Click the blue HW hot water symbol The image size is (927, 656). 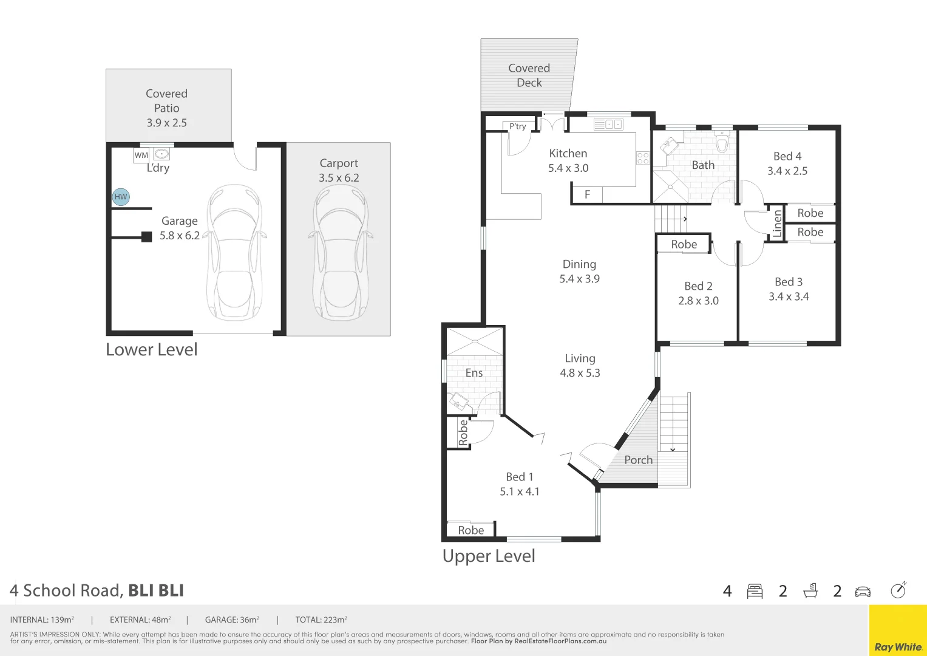[121, 197]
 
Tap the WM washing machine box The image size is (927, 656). [141, 155]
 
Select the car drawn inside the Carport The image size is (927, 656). [339, 253]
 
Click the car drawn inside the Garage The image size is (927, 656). [234, 253]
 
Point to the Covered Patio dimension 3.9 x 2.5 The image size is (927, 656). [166, 123]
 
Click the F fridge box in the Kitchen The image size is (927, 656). [587, 195]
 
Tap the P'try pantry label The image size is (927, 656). [517, 126]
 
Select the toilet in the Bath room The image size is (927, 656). [722, 143]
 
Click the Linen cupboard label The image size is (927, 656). [777, 223]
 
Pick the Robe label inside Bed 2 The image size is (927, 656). [684, 244]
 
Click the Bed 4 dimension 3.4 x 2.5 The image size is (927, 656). [787, 171]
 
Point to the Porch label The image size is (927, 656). [638, 460]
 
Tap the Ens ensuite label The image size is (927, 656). [474, 373]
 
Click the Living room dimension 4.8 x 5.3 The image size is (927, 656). [580, 373]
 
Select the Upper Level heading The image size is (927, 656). [489, 556]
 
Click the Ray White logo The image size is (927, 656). [897, 647]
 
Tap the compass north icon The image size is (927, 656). [898, 590]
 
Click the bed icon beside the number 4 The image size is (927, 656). [755, 591]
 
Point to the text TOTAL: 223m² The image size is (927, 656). [321, 620]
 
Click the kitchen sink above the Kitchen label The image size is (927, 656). [608, 125]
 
